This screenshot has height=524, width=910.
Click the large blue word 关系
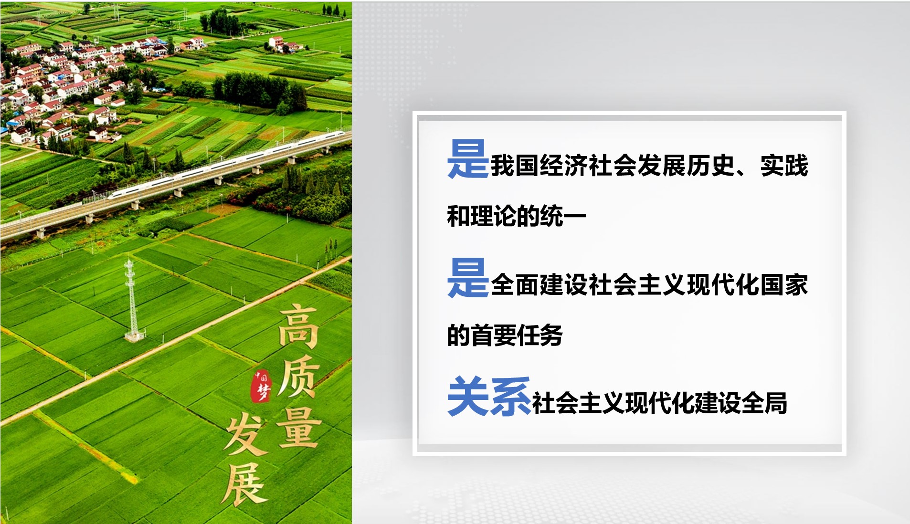pyautogui.click(x=489, y=396)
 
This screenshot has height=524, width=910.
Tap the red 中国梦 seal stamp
pyautogui.click(x=262, y=386)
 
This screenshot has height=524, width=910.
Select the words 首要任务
pyautogui.click(x=517, y=335)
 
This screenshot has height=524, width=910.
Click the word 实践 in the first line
pyautogui.click(x=784, y=166)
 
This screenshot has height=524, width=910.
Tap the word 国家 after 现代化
pyautogui.click(x=784, y=285)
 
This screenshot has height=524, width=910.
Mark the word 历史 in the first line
pyautogui.click(x=710, y=166)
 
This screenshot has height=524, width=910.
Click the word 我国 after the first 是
pyautogui.click(x=515, y=166)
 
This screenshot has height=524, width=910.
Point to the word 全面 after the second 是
pyautogui.click(x=515, y=285)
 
